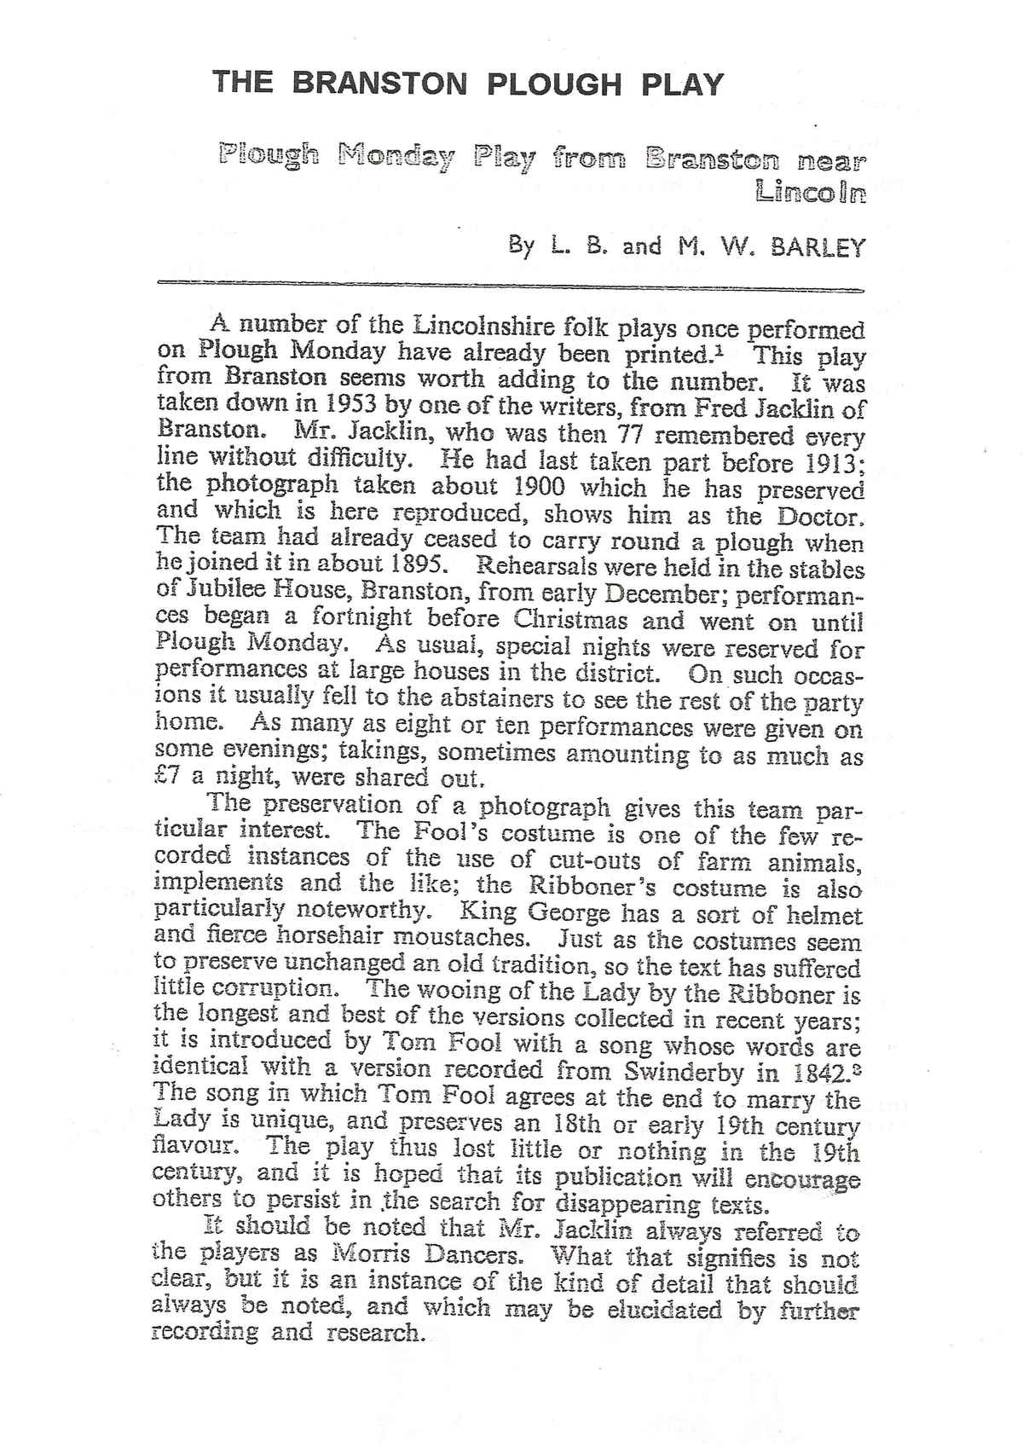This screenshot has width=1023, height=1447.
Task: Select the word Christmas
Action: point(573,620)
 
